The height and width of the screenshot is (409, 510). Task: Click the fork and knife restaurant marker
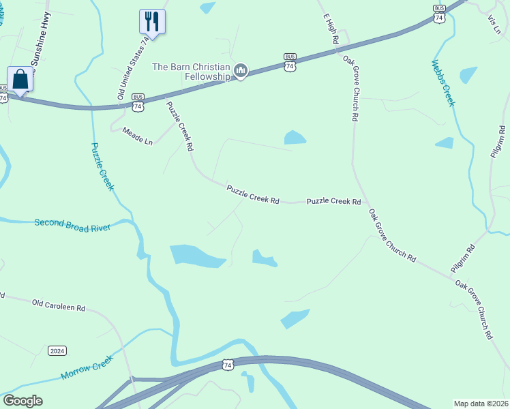point(151,21)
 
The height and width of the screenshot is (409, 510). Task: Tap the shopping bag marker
point(20,79)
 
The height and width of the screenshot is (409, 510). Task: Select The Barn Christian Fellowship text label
point(191,71)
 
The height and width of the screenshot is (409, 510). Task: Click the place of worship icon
point(240,71)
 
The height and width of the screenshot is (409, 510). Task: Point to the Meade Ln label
point(137,135)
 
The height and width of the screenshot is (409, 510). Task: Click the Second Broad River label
point(72,223)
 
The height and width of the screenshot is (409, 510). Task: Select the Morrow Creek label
point(86,367)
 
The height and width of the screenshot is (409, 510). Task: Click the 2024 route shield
point(57,351)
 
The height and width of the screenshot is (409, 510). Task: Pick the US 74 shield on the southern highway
point(228,365)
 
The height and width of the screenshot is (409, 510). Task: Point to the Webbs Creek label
point(442,83)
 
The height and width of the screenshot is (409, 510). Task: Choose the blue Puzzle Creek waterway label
point(102,166)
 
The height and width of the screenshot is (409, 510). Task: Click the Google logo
point(22,401)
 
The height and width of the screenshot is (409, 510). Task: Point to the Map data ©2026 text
point(481,404)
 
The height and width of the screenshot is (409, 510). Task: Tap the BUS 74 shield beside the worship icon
point(290,63)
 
